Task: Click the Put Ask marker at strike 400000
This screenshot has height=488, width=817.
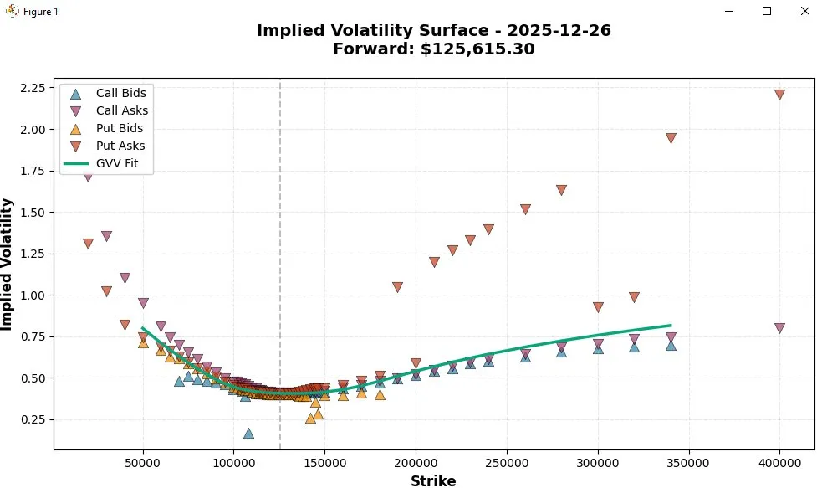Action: (x=779, y=95)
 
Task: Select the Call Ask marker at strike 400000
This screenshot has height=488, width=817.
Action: (x=779, y=328)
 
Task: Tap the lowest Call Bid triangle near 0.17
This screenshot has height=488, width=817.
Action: (x=248, y=433)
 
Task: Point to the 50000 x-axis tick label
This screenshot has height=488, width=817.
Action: (x=143, y=461)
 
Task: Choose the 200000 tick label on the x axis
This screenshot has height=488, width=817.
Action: (x=416, y=461)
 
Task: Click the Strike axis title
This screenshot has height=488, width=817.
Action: (x=433, y=480)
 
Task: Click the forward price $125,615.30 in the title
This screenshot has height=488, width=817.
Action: (x=476, y=49)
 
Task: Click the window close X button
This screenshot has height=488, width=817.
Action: (x=799, y=11)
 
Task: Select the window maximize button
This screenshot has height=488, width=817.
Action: (x=767, y=11)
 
